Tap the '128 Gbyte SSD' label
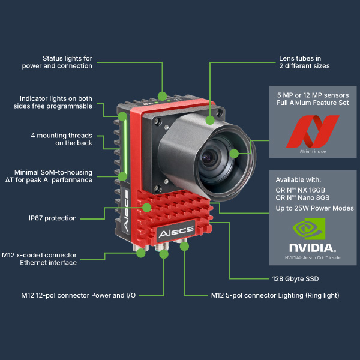click(292, 278)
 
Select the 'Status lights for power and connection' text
click(67, 62)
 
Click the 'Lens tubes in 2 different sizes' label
click(304, 62)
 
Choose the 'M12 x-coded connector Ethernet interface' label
click(47, 259)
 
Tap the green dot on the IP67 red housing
click(147, 208)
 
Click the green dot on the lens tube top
click(209, 119)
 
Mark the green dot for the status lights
click(162, 95)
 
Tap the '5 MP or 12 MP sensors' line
click(313, 95)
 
